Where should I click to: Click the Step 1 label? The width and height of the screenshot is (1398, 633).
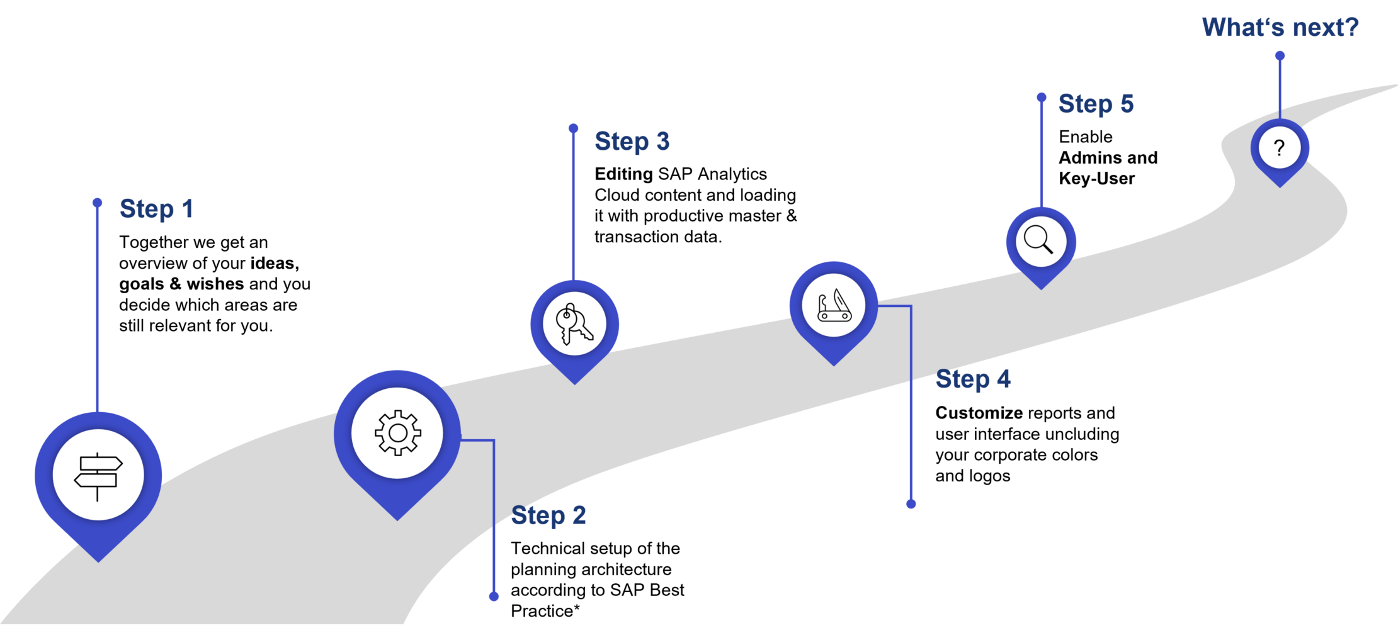click(156, 210)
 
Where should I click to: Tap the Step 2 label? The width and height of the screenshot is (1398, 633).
click(548, 516)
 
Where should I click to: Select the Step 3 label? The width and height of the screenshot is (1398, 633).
click(632, 142)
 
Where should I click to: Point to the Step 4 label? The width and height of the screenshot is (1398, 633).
click(973, 379)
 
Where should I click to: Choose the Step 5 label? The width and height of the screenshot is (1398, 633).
click(1096, 104)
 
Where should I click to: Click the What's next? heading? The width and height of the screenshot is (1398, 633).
click(1280, 28)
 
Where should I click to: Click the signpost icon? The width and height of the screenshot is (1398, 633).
click(98, 476)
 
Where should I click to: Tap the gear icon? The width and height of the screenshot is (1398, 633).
click(397, 433)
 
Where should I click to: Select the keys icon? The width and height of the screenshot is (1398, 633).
click(574, 324)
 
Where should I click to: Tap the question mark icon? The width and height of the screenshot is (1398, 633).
click(1279, 148)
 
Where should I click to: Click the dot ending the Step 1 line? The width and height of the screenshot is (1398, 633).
click(97, 203)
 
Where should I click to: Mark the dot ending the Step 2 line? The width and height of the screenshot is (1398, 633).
click(494, 597)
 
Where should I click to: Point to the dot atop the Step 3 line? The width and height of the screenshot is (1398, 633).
click(573, 128)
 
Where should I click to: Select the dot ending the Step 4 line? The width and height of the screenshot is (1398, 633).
click(911, 504)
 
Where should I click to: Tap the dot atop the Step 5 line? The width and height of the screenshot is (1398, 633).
click(1042, 98)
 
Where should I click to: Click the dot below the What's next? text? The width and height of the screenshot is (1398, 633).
click(1280, 56)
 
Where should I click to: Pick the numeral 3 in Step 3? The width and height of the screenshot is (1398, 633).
click(662, 142)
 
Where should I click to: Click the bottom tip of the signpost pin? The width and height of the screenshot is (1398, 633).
click(98, 561)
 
